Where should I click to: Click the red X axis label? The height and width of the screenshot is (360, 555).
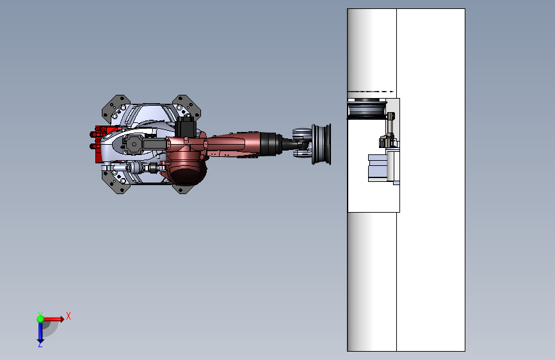(x=68, y=316)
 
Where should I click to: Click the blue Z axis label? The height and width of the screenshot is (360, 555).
(x=40, y=344)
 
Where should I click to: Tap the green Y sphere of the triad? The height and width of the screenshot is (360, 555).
(x=40, y=318)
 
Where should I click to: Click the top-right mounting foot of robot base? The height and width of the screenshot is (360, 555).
(x=187, y=106)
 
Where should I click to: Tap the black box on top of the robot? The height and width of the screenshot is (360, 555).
(x=187, y=127)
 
